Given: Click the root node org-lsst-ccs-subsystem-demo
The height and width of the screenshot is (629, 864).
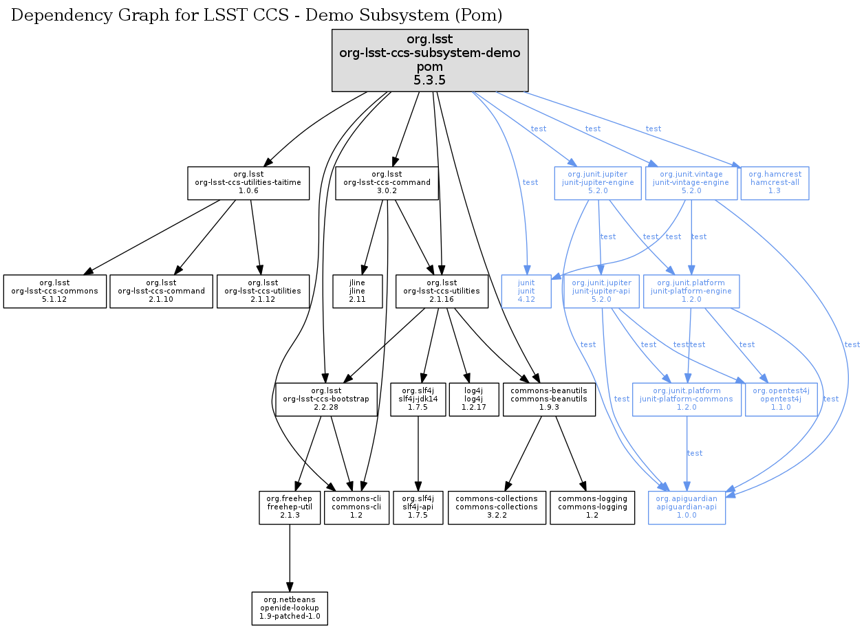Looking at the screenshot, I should point(430,60).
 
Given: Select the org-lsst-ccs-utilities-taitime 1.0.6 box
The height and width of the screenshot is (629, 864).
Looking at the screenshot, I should point(248,183).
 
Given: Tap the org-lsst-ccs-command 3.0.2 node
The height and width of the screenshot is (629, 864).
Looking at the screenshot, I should point(387,183).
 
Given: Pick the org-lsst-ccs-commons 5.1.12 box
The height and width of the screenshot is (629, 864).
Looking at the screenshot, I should point(55,291).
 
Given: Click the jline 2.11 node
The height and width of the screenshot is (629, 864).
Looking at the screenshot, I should point(357,291).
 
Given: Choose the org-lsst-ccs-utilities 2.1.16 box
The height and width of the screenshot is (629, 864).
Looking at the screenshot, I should point(442,291).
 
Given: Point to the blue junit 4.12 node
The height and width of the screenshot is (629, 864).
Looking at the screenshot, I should point(526,291).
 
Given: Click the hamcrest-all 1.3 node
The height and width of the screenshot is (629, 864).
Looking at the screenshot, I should point(775,183).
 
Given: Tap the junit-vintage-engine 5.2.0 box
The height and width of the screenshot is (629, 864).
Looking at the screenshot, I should point(691,183).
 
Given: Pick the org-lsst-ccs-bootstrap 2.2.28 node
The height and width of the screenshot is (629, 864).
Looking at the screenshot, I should point(327,399).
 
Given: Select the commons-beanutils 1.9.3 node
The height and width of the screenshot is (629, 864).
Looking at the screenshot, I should point(549,399).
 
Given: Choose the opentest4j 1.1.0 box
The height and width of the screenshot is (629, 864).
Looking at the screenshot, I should point(781,399).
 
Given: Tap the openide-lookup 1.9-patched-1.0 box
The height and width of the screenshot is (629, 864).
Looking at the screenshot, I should point(289,608).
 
